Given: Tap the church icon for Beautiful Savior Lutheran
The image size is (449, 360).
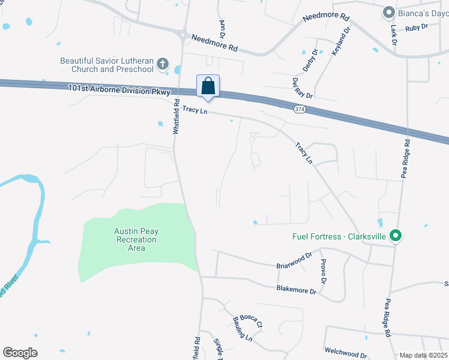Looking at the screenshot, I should click(162, 64).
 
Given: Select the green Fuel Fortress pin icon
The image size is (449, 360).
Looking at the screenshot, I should click(395, 236).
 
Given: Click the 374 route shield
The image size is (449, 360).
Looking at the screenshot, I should click(300, 109).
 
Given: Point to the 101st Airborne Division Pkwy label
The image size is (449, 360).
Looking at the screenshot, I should click(119, 90).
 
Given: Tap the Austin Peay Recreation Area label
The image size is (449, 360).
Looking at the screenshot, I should click(136, 239).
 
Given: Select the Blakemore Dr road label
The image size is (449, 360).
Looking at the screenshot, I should click(296, 290).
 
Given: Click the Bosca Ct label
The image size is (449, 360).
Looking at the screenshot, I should click(251, 321).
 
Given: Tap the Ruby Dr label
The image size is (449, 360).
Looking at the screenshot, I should click(415, 27).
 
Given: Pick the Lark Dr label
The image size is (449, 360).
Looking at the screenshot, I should click(394, 35).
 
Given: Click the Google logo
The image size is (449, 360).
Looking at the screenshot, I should click(20, 353).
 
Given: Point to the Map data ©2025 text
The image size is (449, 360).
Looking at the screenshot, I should click(423, 355).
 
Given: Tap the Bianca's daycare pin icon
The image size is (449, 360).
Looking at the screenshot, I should click(389, 12).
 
